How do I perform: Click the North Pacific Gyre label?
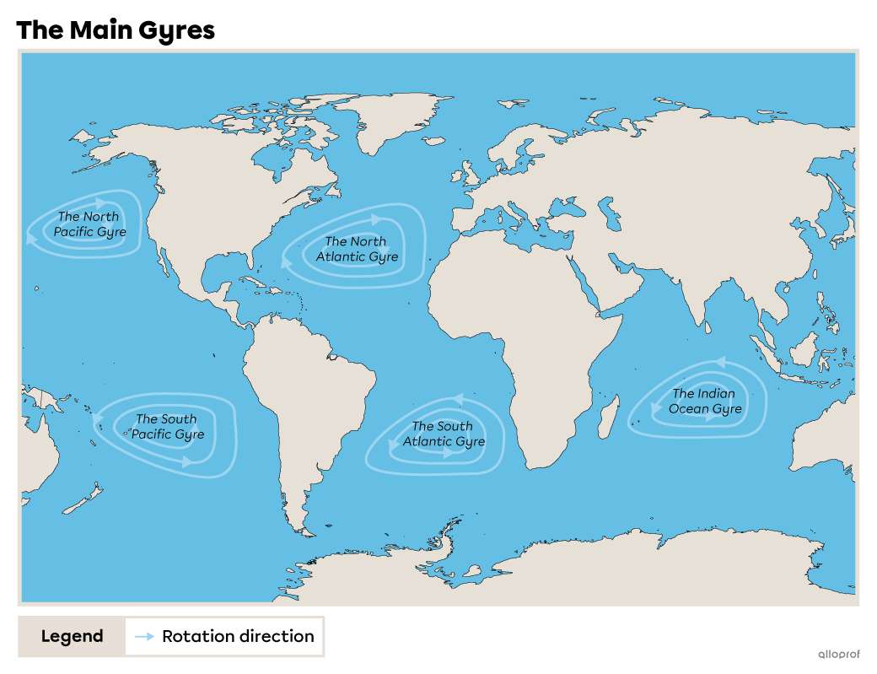(89, 224)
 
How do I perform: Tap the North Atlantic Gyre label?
(357, 249)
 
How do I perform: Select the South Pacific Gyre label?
(167, 427)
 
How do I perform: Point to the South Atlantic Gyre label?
(444, 434)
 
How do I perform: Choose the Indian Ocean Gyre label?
(705, 402)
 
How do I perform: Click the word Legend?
(72, 637)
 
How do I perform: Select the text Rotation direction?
(238, 637)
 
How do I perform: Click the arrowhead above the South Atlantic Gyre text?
(458, 398)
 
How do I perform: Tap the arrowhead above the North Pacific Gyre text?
(101, 203)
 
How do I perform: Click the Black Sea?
(567, 206)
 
